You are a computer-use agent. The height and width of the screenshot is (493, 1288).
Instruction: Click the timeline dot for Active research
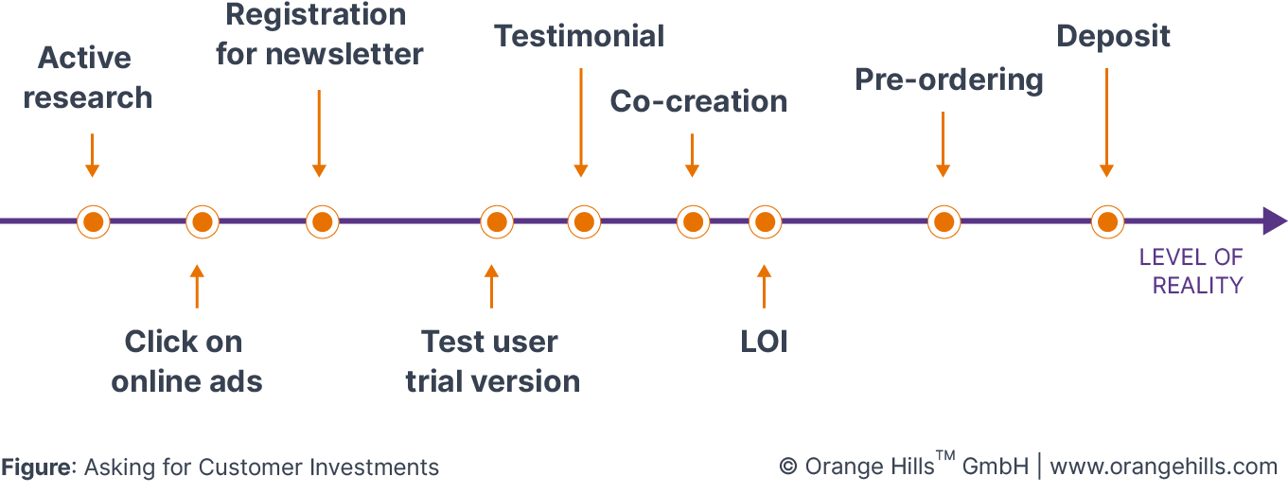pyautogui.click(x=93, y=222)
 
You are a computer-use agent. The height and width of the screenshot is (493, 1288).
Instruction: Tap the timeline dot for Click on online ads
pyautogui.click(x=202, y=222)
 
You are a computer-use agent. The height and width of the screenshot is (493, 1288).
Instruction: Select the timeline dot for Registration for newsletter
pyautogui.click(x=322, y=222)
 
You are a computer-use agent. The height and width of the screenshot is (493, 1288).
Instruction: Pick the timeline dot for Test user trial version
pyautogui.click(x=497, y=222)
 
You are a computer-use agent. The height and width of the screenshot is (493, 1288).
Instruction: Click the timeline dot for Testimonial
pyautogui.click(x=584, y=222)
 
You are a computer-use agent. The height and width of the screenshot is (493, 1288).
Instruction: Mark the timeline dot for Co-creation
pyautogui.click(x=693, y=222)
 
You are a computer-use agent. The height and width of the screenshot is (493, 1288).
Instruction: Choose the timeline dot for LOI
pyautogui.click(x=765, y=222)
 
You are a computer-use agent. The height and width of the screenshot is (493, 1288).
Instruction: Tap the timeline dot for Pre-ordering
pyautogui.click(x=943, y=222)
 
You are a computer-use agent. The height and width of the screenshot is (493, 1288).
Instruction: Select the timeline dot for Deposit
pyautogui.click(x=1106, y=222)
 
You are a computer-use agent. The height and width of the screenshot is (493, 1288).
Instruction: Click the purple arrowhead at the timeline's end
pyautogui.click(x=1274, y=222)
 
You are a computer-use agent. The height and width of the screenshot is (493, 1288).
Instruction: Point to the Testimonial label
pyautogui.click(x=579, y=36)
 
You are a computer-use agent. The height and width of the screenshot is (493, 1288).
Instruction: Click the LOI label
pyautogui.click(x=764, y=342)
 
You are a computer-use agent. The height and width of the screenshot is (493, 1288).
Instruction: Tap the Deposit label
pyautogui.click(x=1113, y=36)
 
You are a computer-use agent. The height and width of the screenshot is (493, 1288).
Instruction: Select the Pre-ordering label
pyautogui.click(x=948, y=79)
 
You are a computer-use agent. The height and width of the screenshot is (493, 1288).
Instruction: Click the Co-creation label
pyautogui.click(x=697, y=101)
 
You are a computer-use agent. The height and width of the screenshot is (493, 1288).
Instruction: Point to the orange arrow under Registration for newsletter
pyautogui.click(x=319, y=133)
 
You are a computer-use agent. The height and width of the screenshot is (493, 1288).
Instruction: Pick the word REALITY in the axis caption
pyautogui.click(x=1197, y=286)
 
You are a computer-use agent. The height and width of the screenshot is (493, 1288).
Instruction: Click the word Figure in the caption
pyautogui.click(x=38, y=467)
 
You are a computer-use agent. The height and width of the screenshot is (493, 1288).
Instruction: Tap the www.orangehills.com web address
pyautogui.click(x=1164, y=467)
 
